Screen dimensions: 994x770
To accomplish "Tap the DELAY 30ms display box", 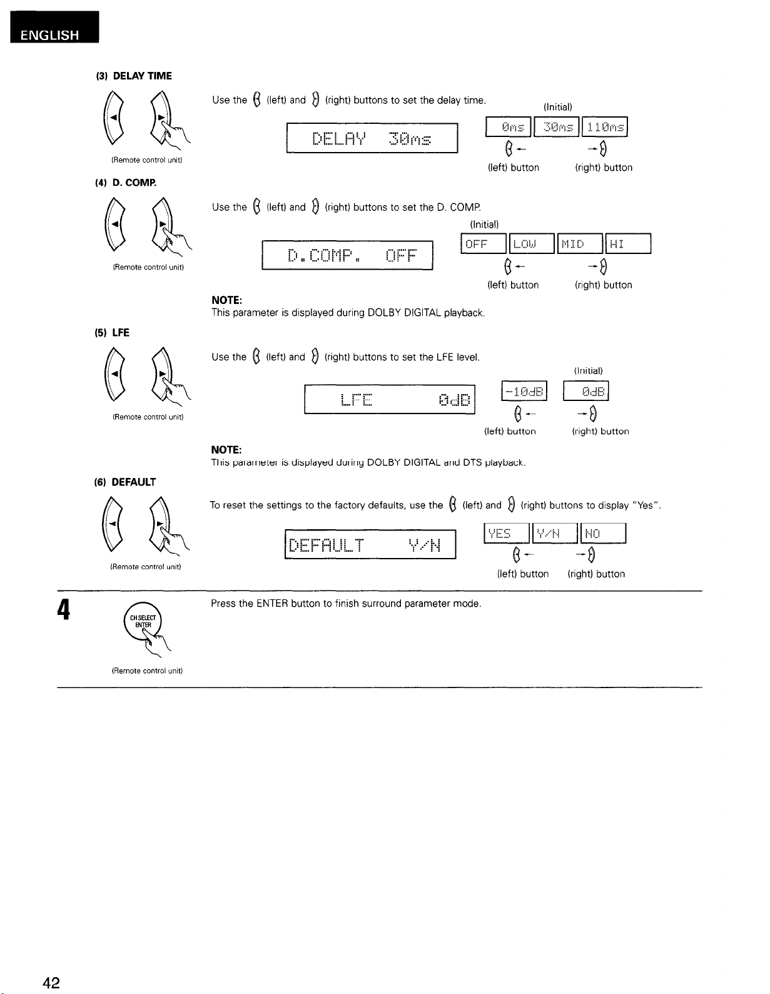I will coord(372,138).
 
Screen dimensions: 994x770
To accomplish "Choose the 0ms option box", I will coord(509,128).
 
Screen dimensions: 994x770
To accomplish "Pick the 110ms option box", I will coord(605,128).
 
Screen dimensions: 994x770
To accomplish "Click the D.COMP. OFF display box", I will coord(348,255).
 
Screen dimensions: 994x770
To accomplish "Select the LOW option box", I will coord(532,244).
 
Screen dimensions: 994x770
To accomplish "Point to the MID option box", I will coord(580,244).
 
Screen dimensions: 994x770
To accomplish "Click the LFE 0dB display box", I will coord(390,399).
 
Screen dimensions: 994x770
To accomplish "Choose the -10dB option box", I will coord(524,392).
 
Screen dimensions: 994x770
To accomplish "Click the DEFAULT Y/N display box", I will coord(370,544).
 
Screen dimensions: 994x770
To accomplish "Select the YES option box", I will coord(507,534).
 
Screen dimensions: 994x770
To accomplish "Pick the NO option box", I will coord(604,534).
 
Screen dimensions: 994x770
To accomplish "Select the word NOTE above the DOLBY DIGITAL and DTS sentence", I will coord(226,450).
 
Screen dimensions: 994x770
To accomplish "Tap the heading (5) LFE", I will coord(112,333).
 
